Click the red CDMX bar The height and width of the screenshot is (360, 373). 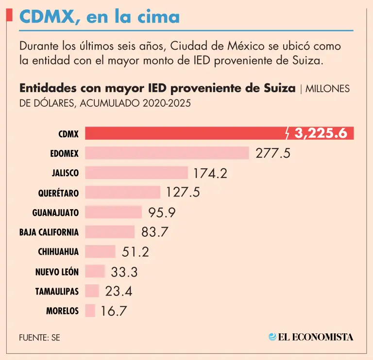point(185,133)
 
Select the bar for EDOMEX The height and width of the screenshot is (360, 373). point(167,153)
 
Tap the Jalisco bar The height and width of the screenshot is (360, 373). point(136,173)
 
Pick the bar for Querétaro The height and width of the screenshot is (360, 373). point(123,193)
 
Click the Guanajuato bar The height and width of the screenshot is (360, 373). point(114,212)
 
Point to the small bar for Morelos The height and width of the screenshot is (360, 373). point(90,311)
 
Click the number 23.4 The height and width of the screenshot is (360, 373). point(119,291)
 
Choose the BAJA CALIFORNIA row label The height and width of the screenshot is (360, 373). point(49,232)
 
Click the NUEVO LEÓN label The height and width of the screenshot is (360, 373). point(57,272)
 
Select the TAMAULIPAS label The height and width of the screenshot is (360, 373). point(57,292)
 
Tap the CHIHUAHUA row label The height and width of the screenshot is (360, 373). point(58,252)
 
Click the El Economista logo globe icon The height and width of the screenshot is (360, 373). point(273,337)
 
